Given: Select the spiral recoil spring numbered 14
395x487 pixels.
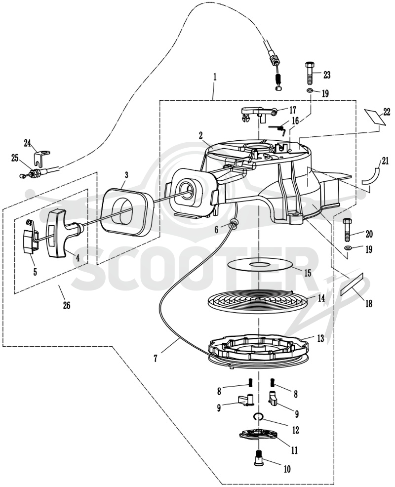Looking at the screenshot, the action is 258,301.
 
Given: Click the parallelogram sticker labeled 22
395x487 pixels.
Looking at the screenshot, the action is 375,116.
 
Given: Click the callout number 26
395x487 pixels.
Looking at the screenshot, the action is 67,305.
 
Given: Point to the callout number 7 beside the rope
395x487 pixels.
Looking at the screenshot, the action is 155,358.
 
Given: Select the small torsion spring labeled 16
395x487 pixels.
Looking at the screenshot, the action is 277,129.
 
